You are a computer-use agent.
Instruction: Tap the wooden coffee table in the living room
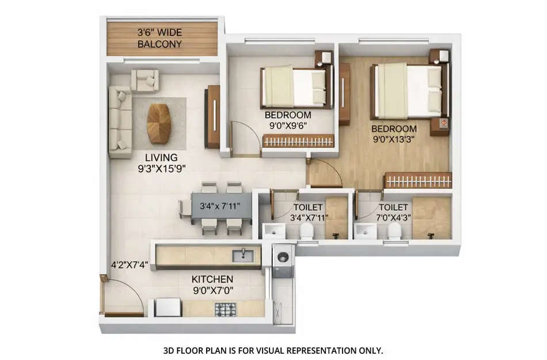[158, 123]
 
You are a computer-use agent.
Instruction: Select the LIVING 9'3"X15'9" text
[161, 163]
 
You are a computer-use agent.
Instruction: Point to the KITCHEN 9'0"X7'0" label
[212, 285]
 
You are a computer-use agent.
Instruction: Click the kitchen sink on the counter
[243, 255]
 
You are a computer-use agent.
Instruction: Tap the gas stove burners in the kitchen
[225, 309]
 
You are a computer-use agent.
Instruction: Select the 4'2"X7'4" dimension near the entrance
[130, 266]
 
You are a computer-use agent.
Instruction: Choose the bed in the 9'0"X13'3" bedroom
[409, 90]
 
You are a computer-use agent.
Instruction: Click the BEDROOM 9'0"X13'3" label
[394, 134]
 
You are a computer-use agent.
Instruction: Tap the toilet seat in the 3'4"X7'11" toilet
[306, 232]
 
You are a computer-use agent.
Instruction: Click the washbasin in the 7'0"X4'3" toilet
[365, 232]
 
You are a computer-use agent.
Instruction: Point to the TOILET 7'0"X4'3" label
[394, 212]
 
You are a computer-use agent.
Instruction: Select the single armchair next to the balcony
[145, 81]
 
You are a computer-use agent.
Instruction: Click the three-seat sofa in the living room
[120, 122]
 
